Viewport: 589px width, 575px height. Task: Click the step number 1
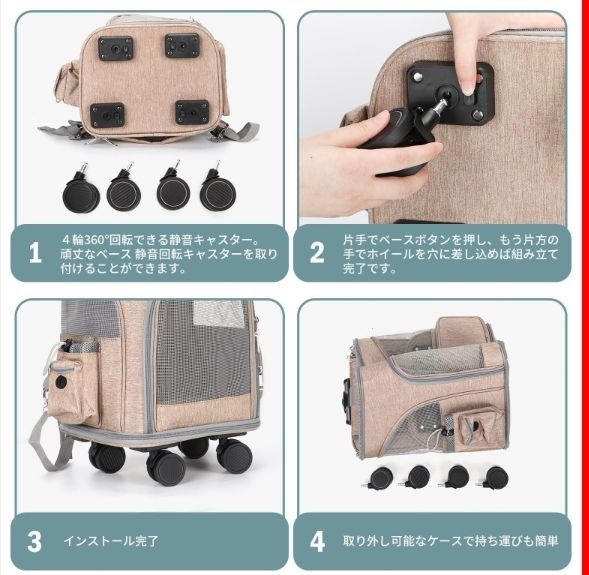click(35, 252)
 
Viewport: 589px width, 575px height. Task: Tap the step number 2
click(317, 252)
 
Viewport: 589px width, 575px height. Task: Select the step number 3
click(35, 541)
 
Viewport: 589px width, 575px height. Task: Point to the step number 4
click(317, 541)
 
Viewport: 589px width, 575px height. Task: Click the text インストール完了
click(111, 541)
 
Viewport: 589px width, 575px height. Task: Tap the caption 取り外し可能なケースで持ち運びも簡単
click(450, 541)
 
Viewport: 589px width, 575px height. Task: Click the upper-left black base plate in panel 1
click(116, 48)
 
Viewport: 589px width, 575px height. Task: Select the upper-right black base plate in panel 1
click(182, 45)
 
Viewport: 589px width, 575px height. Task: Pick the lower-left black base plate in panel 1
click(107, 115)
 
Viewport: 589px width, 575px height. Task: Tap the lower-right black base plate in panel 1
click(192, 112)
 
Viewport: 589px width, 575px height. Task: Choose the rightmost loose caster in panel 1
click(218, 188)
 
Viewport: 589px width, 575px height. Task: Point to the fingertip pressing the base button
click(467, 89)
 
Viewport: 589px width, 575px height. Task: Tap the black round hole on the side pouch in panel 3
click(61, 382)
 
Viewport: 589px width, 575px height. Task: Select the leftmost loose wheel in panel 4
click(379, 479)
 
